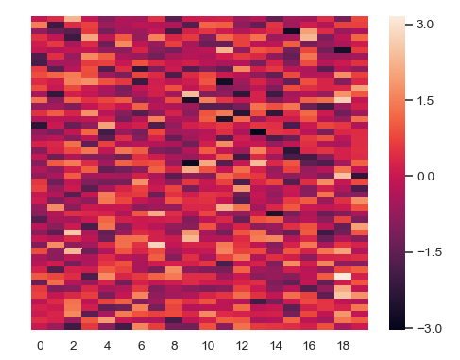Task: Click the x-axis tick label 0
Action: [x=40, y=346]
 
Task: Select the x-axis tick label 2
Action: [x=74, y=346]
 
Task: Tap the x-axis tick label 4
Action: [x=107, y=346]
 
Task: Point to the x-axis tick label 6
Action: [x=141, y=346]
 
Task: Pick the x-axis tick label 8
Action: [x=175, y=346]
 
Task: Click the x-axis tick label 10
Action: [x=208, y=346]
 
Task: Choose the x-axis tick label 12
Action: [x=242, y=346]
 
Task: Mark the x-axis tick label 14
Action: [x=276, y=346]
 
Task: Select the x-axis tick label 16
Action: [x=310, y=346]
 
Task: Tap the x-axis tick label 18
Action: [x=343, y=346]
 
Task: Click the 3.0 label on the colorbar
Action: [x=424, y=25]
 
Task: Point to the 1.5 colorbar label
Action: [x=424, y=100]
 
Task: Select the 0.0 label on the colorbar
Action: [x=424, y=176]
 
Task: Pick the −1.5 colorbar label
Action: [x=422, y=251]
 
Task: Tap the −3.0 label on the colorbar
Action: [x=422, y=327]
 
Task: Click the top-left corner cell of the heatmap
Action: [x=40, y=19]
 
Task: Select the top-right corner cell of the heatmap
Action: [x=360, y=19]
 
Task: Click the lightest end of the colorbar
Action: [x=397, y=18]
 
